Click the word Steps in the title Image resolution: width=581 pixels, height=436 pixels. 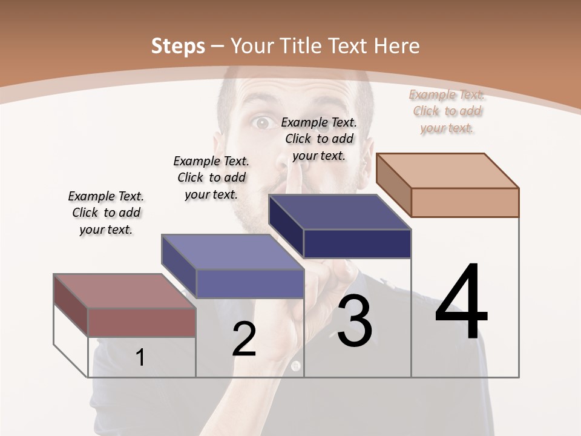click(x=178, y=46)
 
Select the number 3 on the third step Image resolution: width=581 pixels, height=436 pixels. click(x=354, y=321)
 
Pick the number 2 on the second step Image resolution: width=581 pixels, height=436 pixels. click(x=244, y=339)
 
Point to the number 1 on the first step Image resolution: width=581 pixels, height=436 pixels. click(x=140, y=357)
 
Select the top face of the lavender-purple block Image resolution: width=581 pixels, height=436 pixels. click(x=232, y=252)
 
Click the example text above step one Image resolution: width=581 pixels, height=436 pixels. click(x=106, y=213)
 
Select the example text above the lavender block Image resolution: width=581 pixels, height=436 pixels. click(x=211, y=177)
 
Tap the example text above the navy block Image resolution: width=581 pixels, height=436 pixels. click(x=319, y=139)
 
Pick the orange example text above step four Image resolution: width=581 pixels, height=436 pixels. click(x=447, y=111)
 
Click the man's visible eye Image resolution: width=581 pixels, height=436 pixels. click(x=261, y=124)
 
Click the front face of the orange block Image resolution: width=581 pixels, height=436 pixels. click(x=465, y=202)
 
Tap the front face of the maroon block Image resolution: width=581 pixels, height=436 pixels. click(x=142, y=322)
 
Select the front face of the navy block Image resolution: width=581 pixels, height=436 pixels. click(x=357, y=243)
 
